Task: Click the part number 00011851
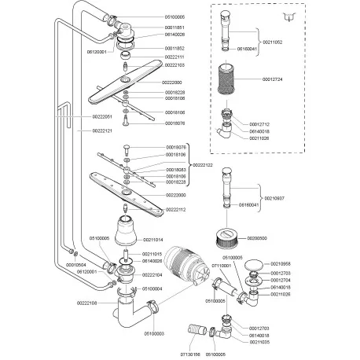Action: coord(175,27)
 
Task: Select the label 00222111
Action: coord(174,57)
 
